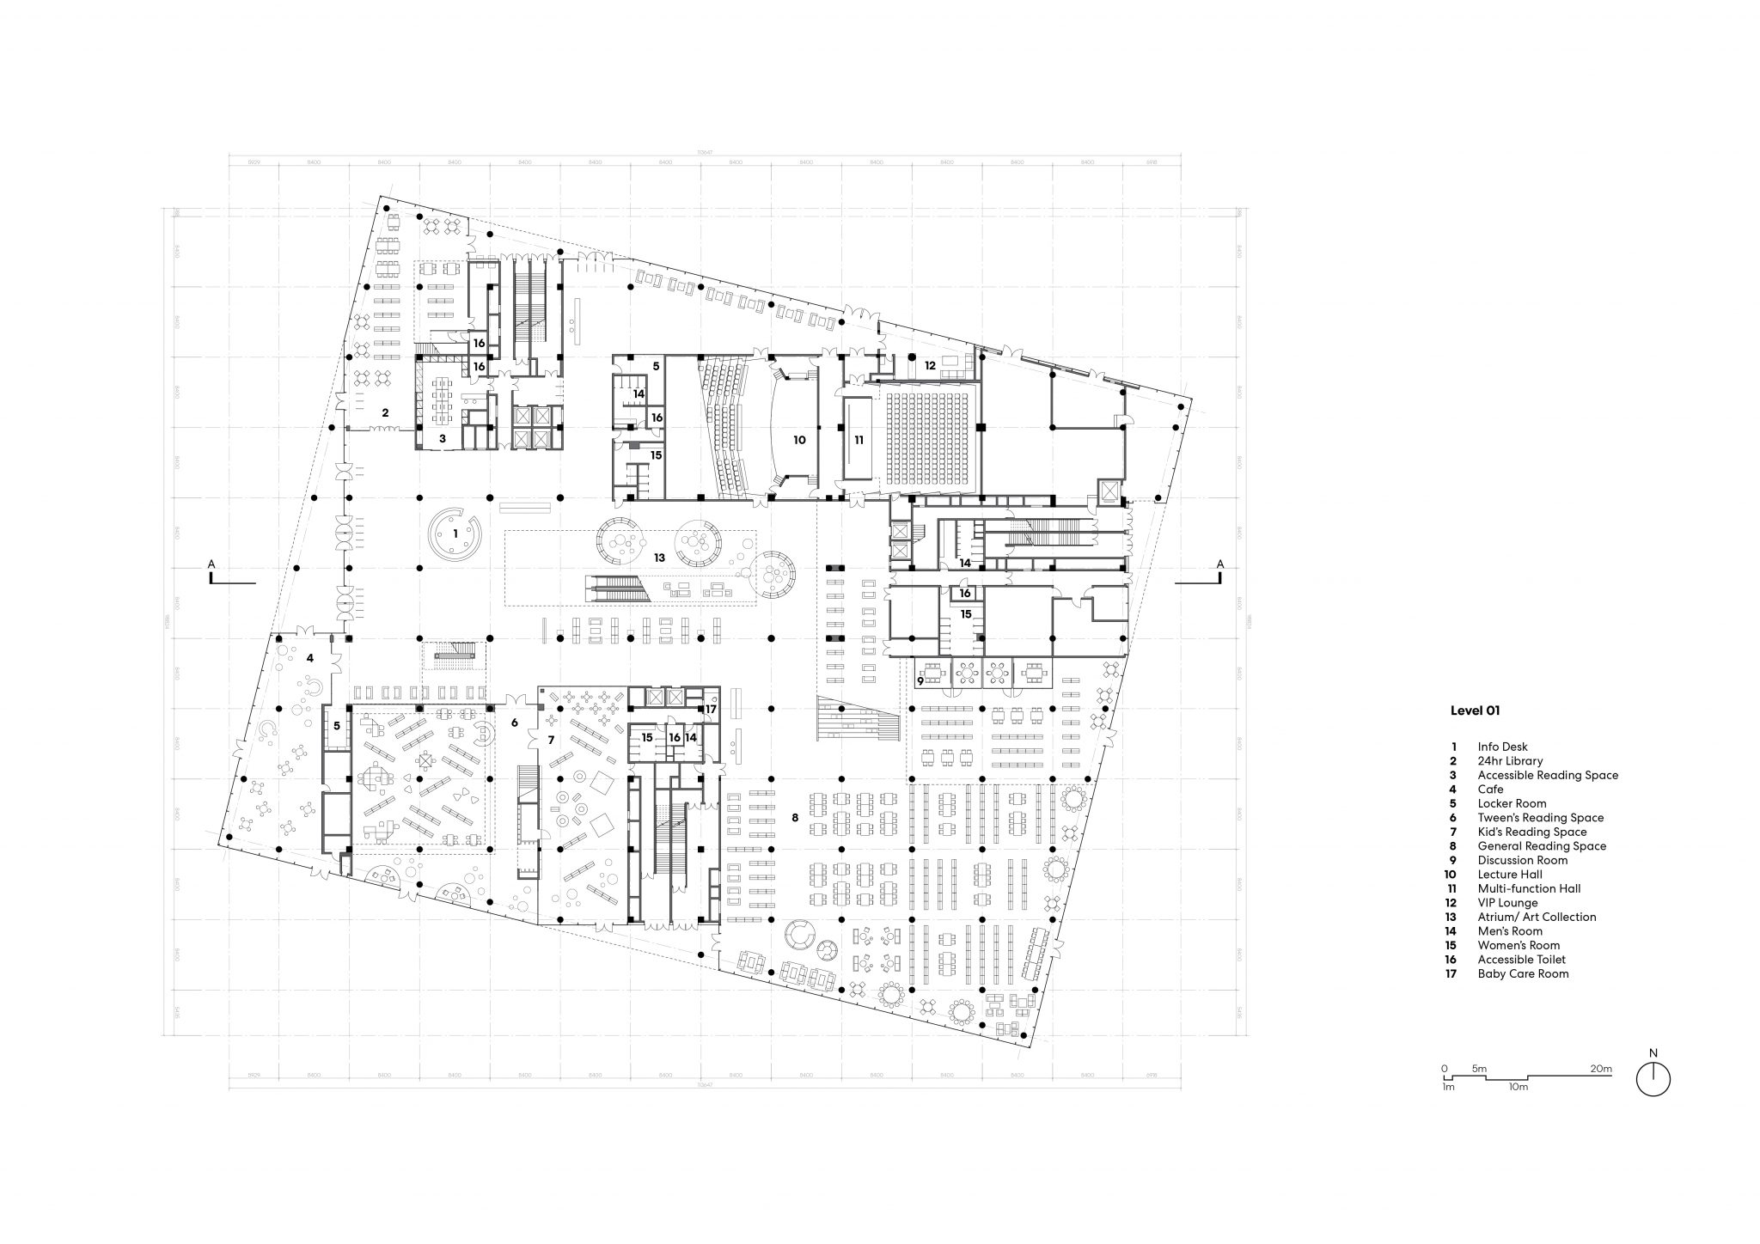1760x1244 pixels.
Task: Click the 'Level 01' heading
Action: [x=1475, y=710]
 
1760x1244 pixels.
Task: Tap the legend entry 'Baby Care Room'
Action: [x=1523, y=973]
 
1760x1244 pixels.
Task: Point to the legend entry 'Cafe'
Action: [x=1490, y=789]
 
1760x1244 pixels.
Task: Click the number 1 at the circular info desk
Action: [x=455, y=534]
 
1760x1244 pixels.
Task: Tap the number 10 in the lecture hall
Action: [x=799, y=439]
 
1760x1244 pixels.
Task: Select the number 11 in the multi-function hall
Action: [x=858, y=439]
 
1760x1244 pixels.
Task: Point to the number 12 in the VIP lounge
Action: [x=930, y=365]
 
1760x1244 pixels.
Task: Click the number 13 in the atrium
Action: [x=659, y=558]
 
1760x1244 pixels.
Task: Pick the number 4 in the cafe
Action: [x=309, y=658]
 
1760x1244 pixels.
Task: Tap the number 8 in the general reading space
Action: [x=795, y=817]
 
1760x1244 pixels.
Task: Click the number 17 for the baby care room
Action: [x=711, y=709]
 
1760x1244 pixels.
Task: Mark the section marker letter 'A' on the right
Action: [x=1219, y=564]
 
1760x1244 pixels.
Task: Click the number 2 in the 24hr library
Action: [x=385, y=412]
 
